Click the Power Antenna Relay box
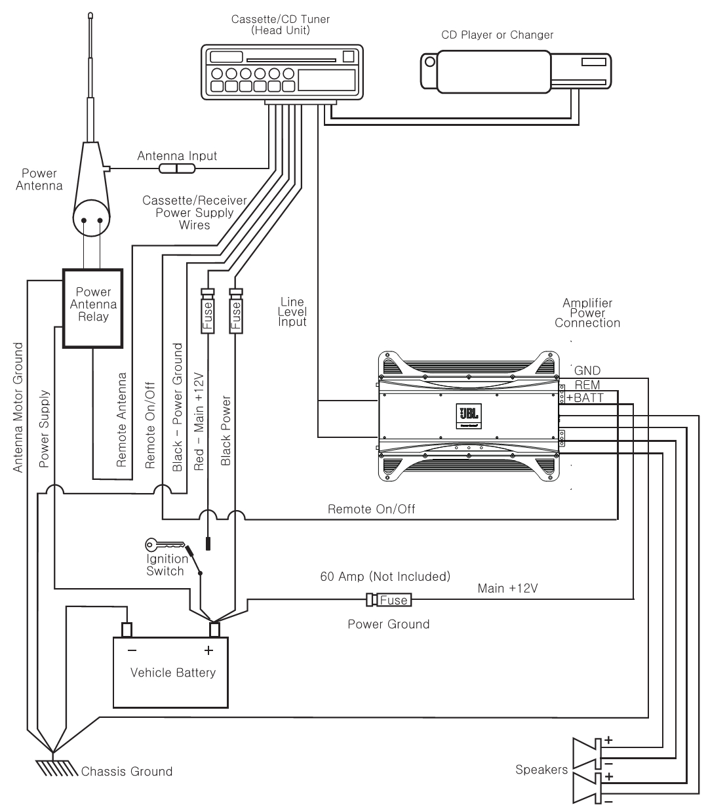click(92, 307)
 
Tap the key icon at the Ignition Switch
click(157, 544)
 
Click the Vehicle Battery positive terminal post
click(214, 629)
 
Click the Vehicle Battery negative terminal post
click(127, 629)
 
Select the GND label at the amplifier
click(587, 371)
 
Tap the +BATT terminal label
click(585, 397)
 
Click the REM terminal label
click(587, 384)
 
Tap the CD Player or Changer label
click(497, 35)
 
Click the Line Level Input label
click(292, 311)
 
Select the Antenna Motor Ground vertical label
click(18, 406)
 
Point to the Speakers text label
click(541, 769)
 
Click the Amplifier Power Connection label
click(587, 313)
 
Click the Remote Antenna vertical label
click(121, 420)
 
